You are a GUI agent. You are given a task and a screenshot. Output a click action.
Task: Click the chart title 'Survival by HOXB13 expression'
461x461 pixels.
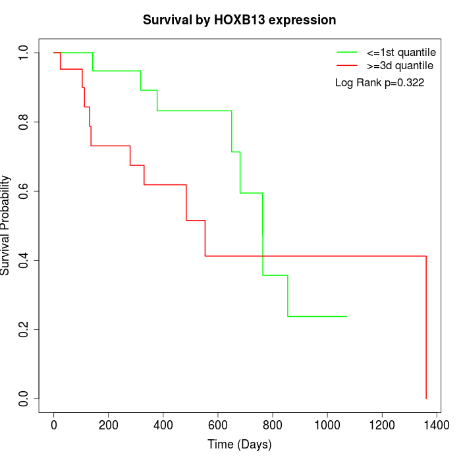[x=240, y=20]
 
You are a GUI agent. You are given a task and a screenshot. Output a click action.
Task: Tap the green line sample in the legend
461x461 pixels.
[x=346, y=52]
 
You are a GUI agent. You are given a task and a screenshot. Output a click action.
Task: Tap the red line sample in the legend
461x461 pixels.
[x=346, y=66]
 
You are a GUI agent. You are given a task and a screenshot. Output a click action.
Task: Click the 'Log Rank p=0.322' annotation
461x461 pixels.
[x=379, y=83]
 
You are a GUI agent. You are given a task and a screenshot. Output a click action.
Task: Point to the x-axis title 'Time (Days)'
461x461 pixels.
[x=240, y=445]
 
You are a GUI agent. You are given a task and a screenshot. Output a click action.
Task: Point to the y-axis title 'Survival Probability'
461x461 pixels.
[x=6, y=225]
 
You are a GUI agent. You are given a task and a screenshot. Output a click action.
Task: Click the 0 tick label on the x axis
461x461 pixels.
[x=54, y=425]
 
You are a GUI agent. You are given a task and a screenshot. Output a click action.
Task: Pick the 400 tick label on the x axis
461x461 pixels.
[x=163, y=425]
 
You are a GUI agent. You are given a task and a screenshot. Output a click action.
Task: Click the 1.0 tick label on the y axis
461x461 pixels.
[x=24, y=53]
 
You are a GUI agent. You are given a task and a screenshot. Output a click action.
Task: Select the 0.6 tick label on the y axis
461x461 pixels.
[x=24, y=191]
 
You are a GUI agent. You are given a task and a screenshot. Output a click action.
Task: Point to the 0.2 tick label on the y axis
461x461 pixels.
[x=24, y=329]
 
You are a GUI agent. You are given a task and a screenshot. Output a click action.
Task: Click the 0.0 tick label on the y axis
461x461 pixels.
[x=24, y=398]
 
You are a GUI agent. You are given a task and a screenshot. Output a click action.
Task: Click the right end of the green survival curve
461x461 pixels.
[x=347, y=317]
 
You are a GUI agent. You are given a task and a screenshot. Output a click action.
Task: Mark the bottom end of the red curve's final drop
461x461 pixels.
[x=426, y=398]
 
